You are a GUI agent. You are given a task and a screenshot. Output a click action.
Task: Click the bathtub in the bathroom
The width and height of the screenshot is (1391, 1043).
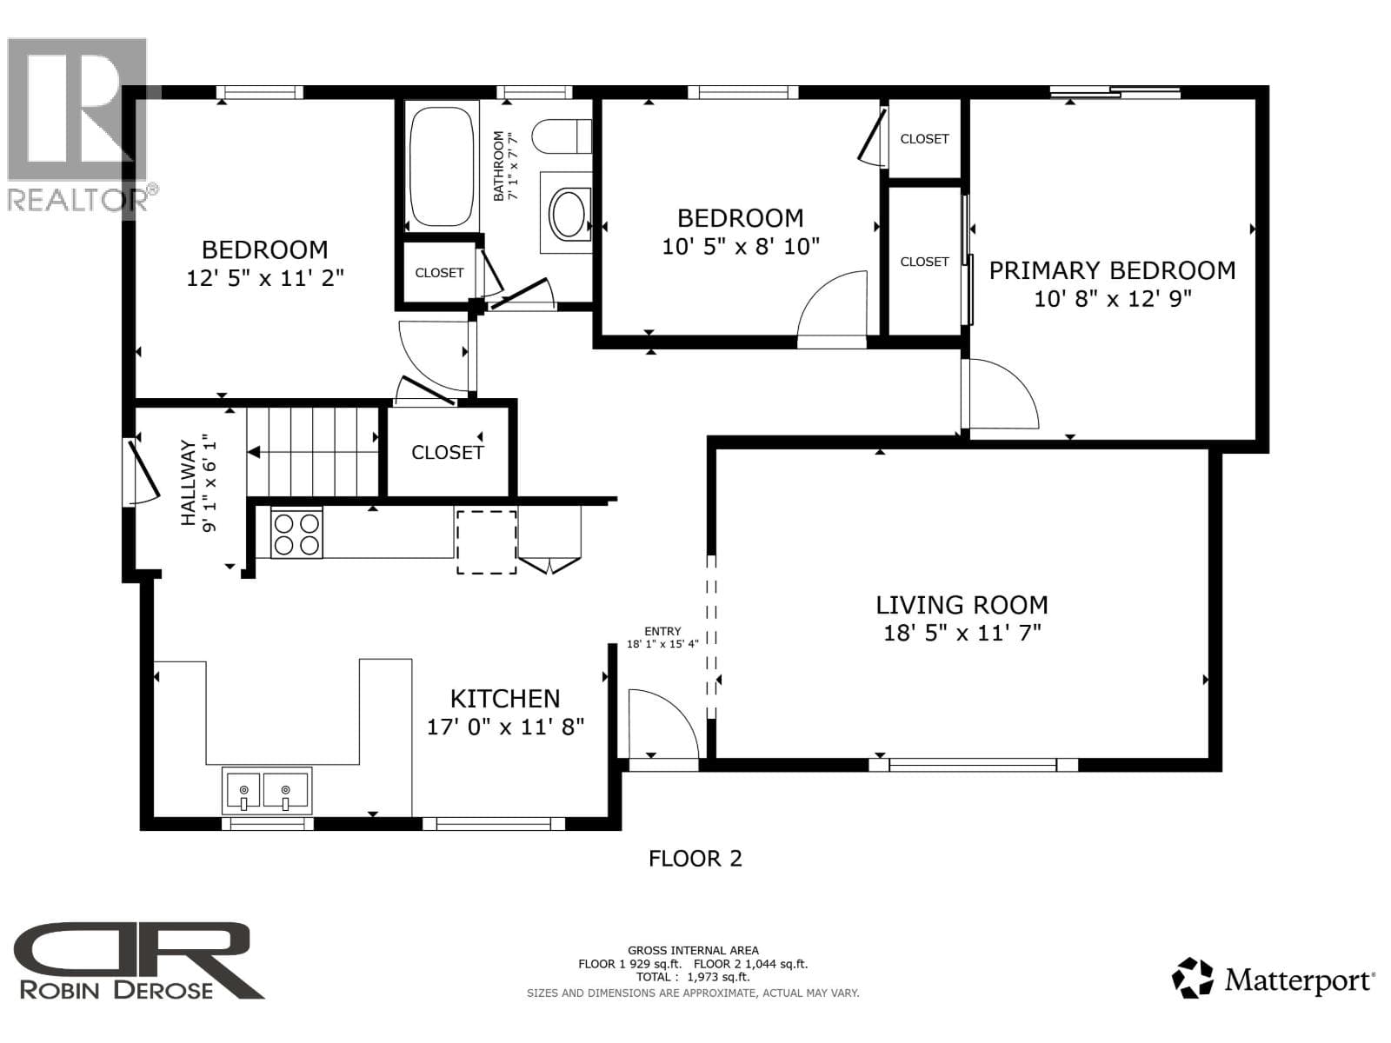[x=441, y=167]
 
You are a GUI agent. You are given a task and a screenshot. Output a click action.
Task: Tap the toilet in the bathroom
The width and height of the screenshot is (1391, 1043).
[x=561, y=136]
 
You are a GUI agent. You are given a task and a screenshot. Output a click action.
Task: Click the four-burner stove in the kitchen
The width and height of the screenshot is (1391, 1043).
[x=296, y=535]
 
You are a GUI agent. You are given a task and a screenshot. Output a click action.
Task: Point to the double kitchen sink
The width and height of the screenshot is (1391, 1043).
[x=266, y=791]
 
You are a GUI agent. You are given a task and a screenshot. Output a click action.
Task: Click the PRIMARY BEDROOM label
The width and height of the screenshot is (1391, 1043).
[x=1112, y=270]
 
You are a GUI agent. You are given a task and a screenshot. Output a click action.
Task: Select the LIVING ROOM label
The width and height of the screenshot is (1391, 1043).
[x=962, y=605]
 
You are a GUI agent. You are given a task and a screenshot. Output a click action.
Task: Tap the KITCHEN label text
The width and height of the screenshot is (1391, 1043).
[x=505, y=699]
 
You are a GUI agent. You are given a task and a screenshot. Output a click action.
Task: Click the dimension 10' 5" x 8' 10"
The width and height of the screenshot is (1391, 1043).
[x=740, y=246]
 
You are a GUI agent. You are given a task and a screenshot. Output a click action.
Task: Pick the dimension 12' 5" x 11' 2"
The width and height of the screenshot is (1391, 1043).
[x=265, y=278]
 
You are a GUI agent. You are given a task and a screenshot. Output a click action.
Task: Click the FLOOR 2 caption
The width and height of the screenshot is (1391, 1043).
[x=695, y=859]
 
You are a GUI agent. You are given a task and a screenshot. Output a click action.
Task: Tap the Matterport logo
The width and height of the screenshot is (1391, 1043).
[x=1273, y=978]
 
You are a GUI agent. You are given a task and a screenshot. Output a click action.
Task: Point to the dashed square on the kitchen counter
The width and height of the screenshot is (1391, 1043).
[x=487, y=542]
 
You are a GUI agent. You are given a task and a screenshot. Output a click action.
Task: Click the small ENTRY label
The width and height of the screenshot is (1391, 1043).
[x=662, y=631]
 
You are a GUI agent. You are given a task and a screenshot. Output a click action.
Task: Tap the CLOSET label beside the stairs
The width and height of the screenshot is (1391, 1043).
[x=448, y=452]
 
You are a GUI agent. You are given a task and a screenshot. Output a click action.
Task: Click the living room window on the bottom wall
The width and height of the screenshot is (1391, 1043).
[x=973, y=765]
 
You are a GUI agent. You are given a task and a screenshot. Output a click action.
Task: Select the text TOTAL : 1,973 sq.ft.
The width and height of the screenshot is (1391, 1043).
[x=693, y=977]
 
